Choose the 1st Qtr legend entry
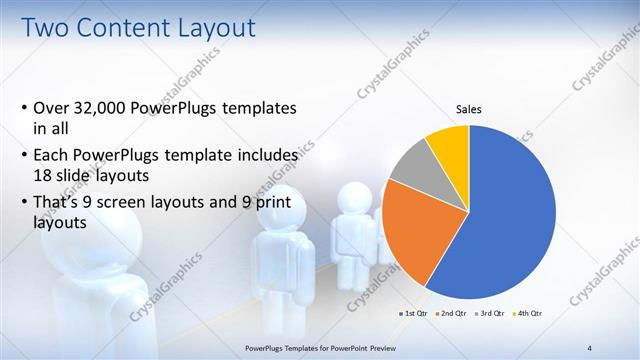(413, 314)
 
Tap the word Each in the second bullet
(54, 155)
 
